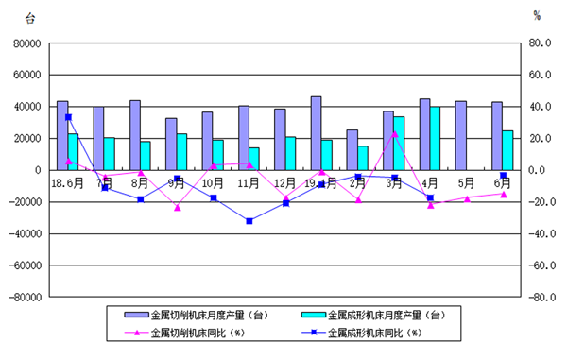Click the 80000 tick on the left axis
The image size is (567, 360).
(x=24, y=43)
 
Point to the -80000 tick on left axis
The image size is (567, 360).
(x=22, y=297)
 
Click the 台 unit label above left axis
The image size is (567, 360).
(x=30, y=16)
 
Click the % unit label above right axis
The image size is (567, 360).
(x=537, y=16)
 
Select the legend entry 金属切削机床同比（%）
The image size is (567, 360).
(x=197, y=333)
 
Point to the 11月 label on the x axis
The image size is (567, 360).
(x=249, y=181)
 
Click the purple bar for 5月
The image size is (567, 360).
(x=460, y=135)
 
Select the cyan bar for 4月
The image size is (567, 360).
(x=435, y=138)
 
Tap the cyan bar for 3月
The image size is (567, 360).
(x=399, y=143)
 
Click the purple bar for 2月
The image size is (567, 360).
(x=352, y=149)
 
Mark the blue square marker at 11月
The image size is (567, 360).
(x=249, y=221)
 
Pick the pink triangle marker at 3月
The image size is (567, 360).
(x=394, y=134)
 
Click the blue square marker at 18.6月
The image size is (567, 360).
(x=68, y=117)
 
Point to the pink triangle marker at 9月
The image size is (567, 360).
(x=177, y=208)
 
